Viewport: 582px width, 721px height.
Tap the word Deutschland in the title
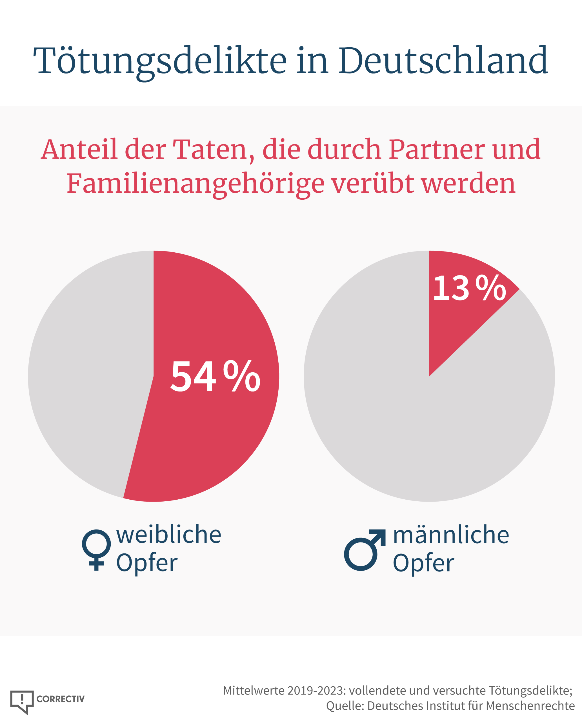(x=443, y=61)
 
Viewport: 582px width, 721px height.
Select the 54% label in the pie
(x=216, y=376)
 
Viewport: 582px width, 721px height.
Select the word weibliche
(x=169, y=535)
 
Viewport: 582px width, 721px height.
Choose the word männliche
(x=451, y=535)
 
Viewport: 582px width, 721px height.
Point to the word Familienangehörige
(x=196, y=185)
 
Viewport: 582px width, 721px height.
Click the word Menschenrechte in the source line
(x=530, y=706)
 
